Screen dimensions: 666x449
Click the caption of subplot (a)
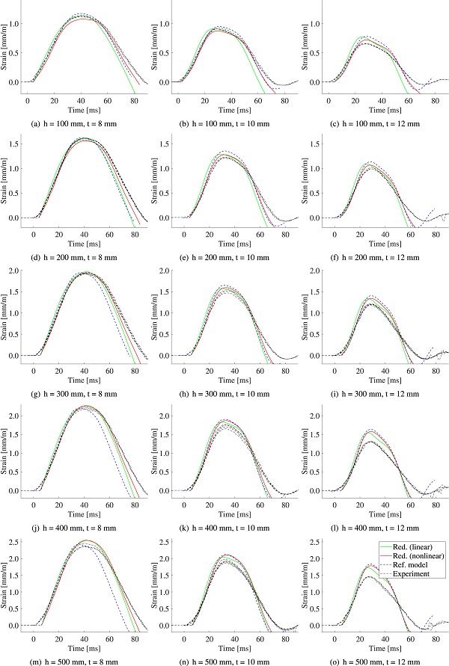(x=83, y=123)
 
